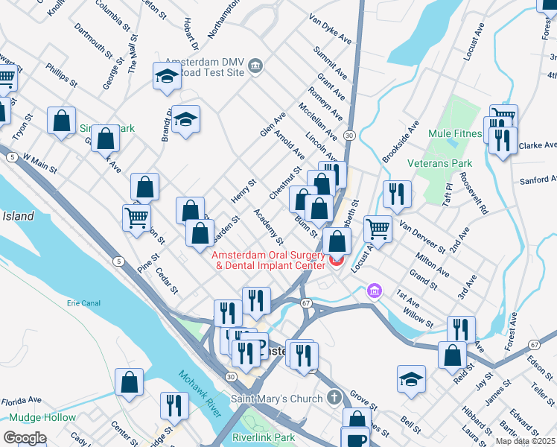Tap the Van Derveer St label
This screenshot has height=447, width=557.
tap(421, 236)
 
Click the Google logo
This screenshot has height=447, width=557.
tap(25, 438)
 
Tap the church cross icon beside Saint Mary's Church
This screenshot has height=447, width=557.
tap(335, 397)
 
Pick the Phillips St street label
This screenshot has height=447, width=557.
tap(61, 74)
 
